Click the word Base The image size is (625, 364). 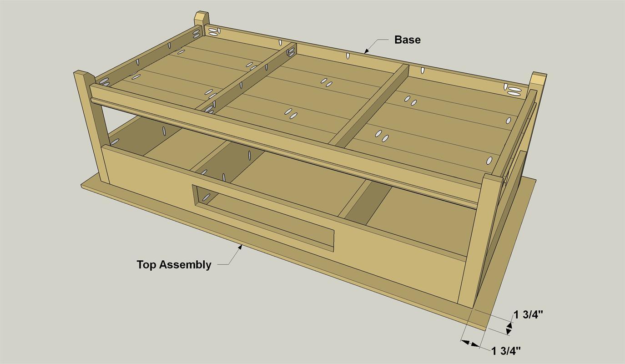(407, 40)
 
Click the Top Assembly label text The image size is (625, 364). (174, 264)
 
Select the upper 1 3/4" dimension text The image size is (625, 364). (529, 314)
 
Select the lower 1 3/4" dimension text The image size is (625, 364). (506, 350)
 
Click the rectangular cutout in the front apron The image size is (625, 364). (263, 217)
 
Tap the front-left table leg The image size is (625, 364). (93, 127)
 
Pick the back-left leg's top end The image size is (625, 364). (201, 20)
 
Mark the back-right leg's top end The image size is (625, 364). (539, 78)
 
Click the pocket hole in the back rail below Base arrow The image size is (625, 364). (348, 56)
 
